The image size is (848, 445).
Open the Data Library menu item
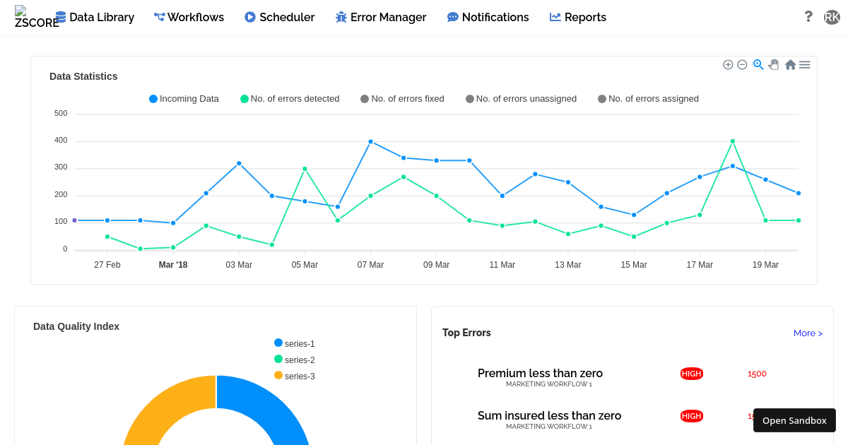[x=95, y=17]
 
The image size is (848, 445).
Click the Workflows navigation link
[x=189, y=17]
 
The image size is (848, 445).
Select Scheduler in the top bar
[x=279, y=17]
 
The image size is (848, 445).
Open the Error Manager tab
[x=381, y=17]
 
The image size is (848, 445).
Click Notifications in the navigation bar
[x=488, y=17]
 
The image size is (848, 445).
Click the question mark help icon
[x=808, y=16]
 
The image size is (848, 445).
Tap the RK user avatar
[x=832, y=17]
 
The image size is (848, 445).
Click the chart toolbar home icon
[x=790, y=64]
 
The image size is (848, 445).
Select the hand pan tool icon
[x=774, y=64]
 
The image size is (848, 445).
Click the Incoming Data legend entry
[x=184, y=99]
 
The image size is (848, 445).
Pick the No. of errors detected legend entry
[x=290, y=99]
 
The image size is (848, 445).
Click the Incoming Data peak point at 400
[x=370, y=141]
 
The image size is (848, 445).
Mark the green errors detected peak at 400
[x=733, y=141]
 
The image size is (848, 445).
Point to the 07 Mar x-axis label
[x=370, y=265]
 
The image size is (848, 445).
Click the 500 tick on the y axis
[x=61, y=113]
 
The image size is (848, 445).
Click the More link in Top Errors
[x=808, y=333]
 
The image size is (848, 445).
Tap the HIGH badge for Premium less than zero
[x=692, y=374]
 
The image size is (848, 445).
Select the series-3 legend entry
[x=295, y=376]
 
